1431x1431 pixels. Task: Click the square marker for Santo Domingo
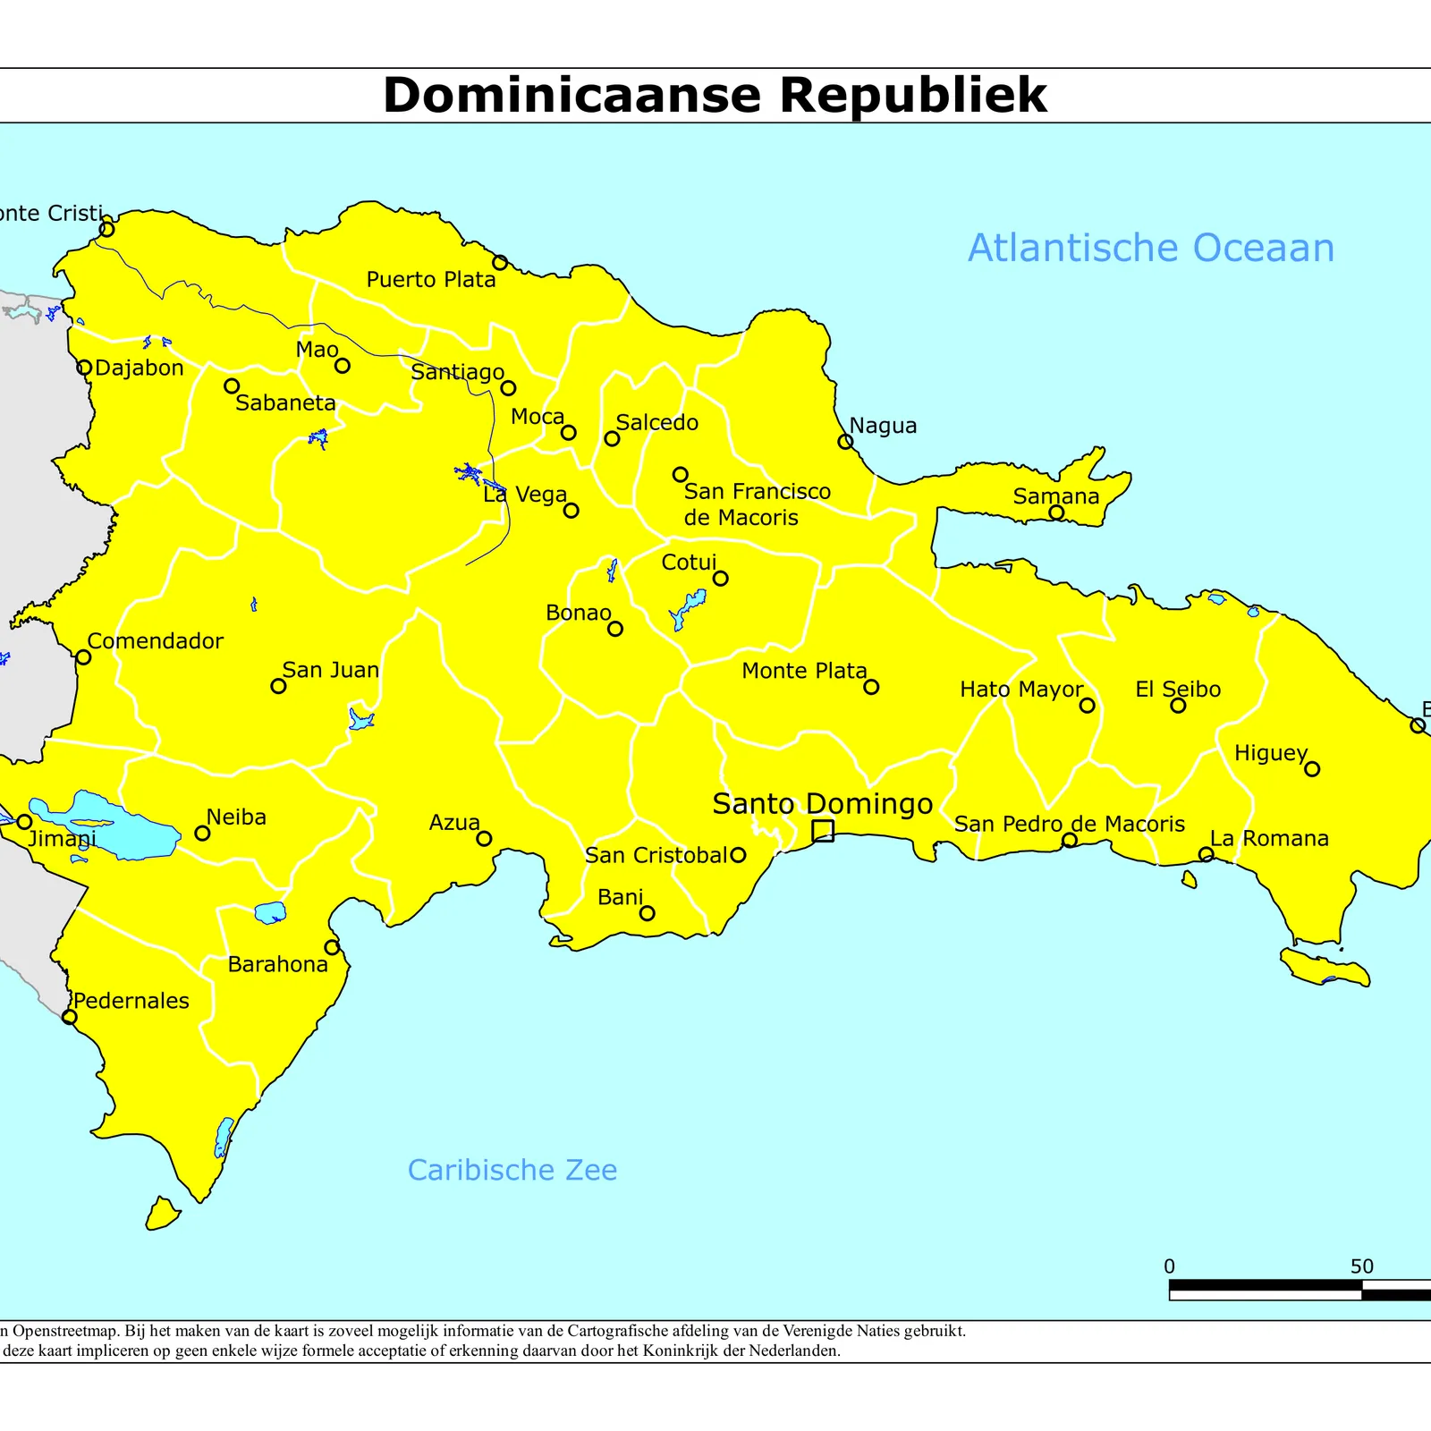coord(823,831)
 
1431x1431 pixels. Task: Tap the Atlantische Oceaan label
coord(1151,248)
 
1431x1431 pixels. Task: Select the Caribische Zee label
coord(512,1170)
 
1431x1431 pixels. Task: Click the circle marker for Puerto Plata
coord(500,262)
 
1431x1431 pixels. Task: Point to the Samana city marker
coord(1056,512)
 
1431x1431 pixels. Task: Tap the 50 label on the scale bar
coord(1361,1266)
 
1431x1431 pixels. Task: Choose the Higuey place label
coord(1270,753)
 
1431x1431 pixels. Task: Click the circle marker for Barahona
coord(332,947)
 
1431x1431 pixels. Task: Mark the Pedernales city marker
coord(70,1017)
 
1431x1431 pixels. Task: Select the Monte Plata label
coord(804,671)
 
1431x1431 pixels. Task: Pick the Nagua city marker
coord(845,441)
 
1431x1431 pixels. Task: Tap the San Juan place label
coord(331,670)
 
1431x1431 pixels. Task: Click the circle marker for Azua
coord(484,838)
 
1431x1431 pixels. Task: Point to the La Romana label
coord(1269,838)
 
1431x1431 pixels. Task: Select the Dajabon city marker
coord(84,368)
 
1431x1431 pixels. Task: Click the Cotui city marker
coord(720,579)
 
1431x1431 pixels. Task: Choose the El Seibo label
coord(1178,690)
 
